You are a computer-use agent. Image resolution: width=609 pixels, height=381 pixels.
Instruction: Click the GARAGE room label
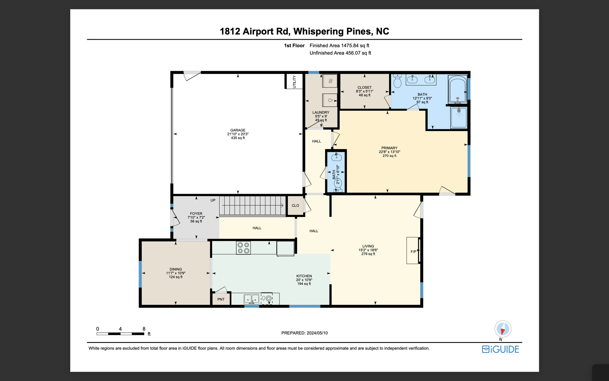tap(238, 130)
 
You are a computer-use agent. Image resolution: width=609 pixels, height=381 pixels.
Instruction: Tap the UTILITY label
tap(294, 81)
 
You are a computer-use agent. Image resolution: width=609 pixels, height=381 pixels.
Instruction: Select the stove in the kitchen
tap(243, 248)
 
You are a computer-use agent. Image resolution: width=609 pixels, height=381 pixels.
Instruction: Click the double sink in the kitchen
tap(251, 299)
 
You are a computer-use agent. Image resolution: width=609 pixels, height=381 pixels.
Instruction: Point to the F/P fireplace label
tap(413, 252)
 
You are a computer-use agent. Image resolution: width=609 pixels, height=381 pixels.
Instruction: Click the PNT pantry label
tap(221, 299)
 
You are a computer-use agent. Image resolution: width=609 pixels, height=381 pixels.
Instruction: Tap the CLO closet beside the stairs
tap(295, 206)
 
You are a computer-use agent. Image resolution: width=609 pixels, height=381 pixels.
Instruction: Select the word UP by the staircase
tap(213, 200)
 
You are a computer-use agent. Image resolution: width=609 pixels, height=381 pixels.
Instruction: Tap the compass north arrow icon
tap(503, 329)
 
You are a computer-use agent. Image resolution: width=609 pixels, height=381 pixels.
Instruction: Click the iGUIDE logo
tap(500, 349)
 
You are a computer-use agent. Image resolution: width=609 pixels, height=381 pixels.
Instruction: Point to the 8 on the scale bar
tap(144, 329)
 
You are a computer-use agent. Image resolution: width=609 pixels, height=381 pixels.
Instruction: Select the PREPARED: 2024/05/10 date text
tap(304, 333)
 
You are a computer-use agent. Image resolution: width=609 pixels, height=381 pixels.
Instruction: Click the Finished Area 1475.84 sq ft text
tap(339, 46)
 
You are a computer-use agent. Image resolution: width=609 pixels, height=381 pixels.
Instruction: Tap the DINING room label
tap(176, 269)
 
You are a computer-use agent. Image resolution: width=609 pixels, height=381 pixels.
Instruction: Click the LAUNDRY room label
tap(321, 113)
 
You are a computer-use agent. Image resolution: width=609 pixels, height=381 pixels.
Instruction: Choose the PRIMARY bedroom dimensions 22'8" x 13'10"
tap(389, 152)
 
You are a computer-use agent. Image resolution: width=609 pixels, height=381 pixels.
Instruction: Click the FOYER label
tap(196, 214)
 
